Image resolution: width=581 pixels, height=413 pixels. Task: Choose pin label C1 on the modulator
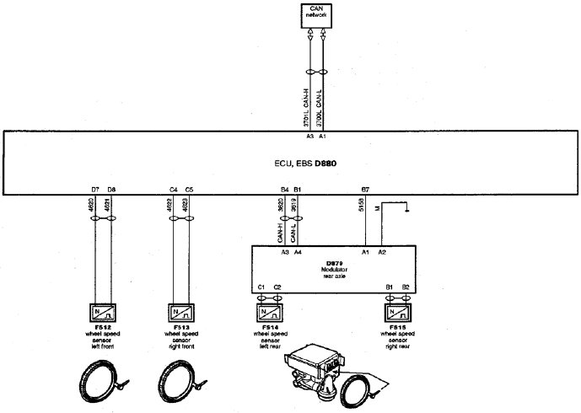(x=261, y=287)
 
